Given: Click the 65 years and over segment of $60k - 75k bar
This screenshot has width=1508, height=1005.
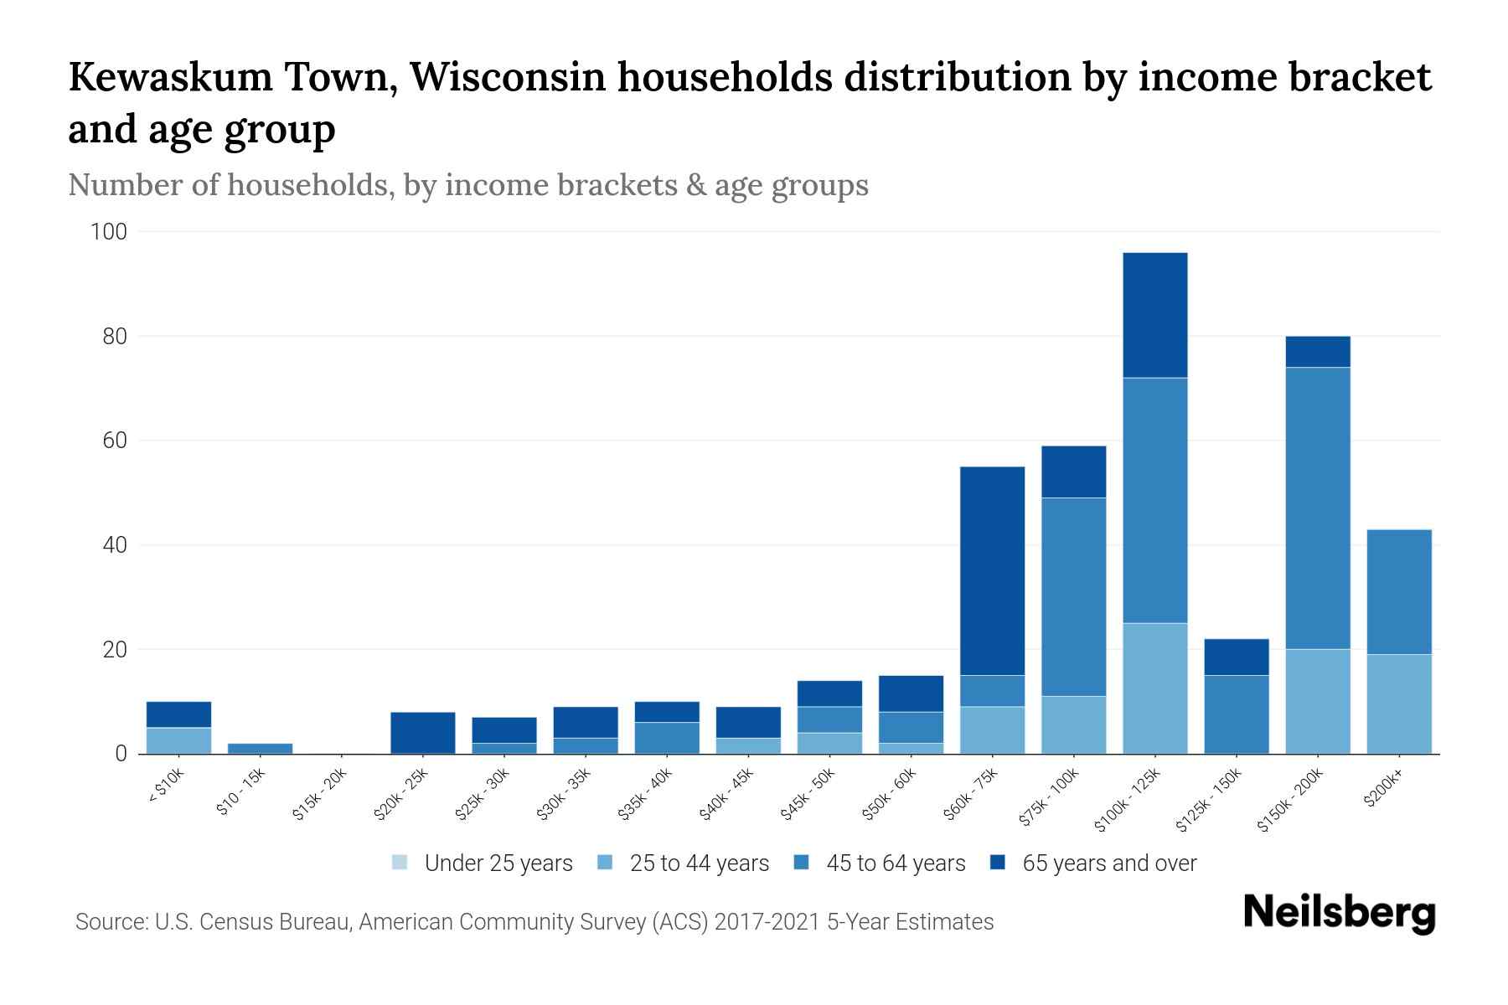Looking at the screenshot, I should click(x=992, y=570).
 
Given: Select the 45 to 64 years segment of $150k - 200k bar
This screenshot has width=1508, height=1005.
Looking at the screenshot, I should click(x=1318, y=508).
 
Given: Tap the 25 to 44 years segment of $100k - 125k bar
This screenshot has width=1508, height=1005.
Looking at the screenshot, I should click(x=1154, y=688).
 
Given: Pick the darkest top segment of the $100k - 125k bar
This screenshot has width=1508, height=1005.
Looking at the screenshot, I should click(x=1154, y=315).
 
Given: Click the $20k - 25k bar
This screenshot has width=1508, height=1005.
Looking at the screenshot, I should click(x=423, y=733).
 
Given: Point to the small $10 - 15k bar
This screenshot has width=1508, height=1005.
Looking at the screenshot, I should click(x=260, y=748).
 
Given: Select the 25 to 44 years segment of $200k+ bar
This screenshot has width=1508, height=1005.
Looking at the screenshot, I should click(x=1399, y=703).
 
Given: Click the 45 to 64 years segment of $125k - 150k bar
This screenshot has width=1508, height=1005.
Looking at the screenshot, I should click(x=1237, y=714).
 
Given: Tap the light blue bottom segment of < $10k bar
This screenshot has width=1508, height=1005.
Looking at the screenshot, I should click(x=178, y=740).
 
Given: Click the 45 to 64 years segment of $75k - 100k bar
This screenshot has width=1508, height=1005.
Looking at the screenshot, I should click(x=1073, y=596).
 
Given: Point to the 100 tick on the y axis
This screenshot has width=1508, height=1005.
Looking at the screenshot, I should click(x=108, y=232).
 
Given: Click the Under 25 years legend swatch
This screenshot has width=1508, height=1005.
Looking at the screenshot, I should click(x=400, y=863).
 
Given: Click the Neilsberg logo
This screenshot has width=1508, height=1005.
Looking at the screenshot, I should click(x=1339, y=913).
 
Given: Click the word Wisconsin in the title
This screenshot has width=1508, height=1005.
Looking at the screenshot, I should click(x=508, y=77).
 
